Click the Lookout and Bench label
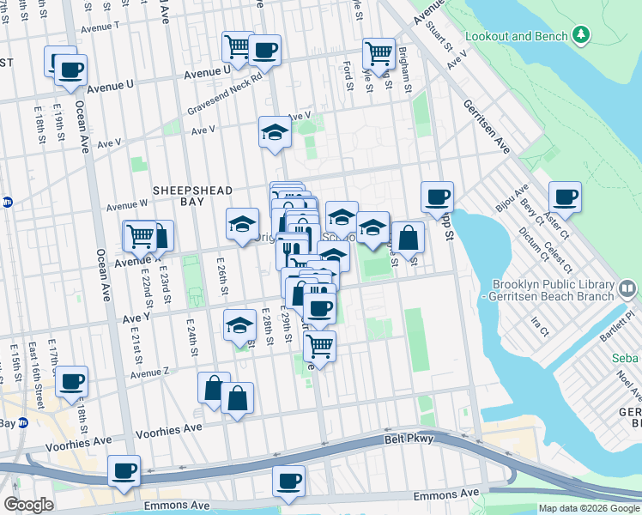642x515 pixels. [516, 37]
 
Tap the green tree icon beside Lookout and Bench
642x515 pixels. [582, 35]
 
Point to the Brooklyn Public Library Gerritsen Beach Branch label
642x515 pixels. [553, 290]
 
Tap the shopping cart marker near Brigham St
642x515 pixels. [378, 53]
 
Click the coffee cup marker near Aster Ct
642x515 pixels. [565, 197]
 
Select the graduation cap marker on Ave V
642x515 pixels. [274, 132]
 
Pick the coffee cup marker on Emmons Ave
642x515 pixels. [288, 480]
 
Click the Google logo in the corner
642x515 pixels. [28, 505]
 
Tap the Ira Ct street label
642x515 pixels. [539, 327]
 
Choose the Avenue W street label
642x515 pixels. [127, 206]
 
